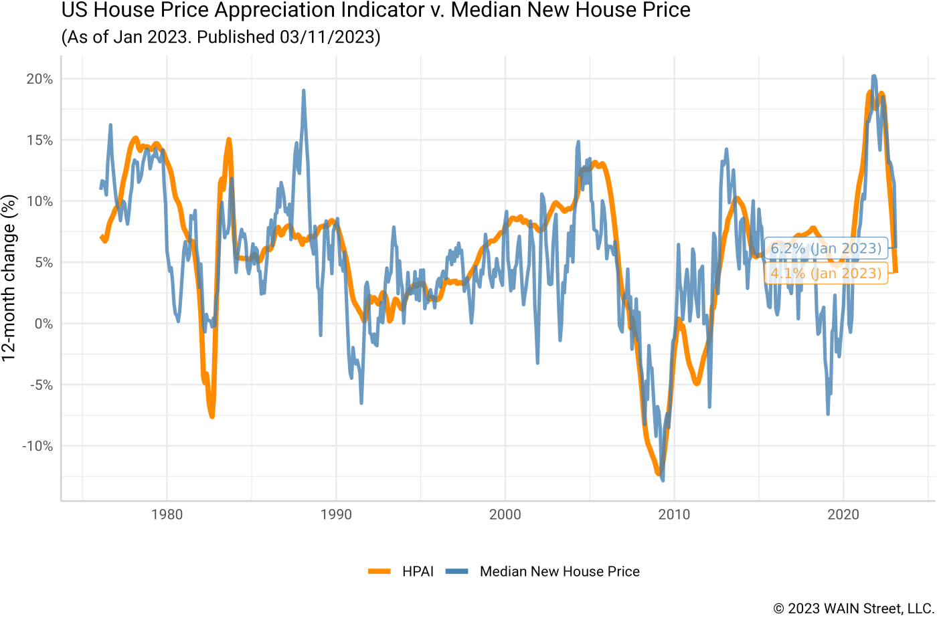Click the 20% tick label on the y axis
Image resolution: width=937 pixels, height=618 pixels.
[x=39, y=79]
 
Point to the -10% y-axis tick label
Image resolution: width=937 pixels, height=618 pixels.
[x=37, y=446]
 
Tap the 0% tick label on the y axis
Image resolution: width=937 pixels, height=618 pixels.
[x=42, y=324]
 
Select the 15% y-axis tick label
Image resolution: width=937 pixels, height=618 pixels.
[x=39, y=140]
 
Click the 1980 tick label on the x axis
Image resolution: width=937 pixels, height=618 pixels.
[x=167, y=515]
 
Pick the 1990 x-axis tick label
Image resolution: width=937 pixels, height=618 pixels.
[x=336, y=515]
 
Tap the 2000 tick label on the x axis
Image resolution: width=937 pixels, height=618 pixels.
[x=505, y=515]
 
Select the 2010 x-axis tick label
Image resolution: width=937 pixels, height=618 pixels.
[x=675, y=515]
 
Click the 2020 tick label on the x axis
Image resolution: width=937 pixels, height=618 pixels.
[x=843, y=515]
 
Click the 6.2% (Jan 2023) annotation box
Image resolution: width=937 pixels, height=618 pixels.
[x=826, y=249]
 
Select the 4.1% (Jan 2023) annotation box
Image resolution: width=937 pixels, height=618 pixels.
[x=826, y=274]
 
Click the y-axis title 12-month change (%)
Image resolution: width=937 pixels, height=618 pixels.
[x=9, y=278]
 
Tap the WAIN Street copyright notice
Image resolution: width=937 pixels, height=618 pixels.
[x=853, y=608]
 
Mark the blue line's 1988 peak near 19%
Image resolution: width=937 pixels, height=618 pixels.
[x=303, y=90]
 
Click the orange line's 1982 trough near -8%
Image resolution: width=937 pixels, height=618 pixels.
[x=211, y=417]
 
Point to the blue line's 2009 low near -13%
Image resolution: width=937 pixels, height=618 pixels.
[x=663, y=480]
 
